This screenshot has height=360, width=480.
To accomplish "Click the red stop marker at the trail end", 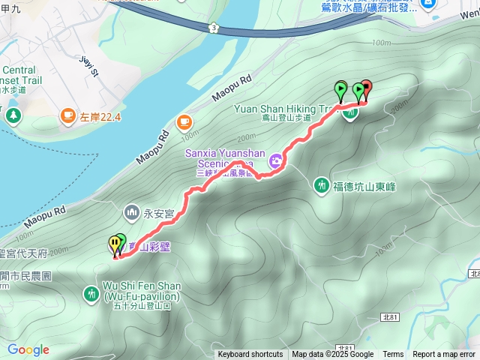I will pos(366,87).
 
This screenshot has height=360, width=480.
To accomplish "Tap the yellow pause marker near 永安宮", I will pos(114,243).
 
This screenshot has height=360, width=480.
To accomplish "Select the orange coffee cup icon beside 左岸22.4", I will pos(67,115).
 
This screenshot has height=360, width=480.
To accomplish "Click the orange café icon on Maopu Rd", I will pos(184,122).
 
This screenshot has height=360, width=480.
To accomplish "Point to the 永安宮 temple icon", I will pos(133,214).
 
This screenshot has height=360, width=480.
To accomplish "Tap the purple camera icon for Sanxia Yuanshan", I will pos(276,160).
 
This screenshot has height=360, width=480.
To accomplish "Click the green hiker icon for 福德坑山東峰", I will pos(322,184).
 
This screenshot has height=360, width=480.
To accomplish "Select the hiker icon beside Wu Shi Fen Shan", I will pos(91,293).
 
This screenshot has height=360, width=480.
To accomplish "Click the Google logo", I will pos(28,349).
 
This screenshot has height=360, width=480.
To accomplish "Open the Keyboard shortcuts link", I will pos(250,355).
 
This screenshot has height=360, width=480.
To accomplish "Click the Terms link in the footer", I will pos(393,355).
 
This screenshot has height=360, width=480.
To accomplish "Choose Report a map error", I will pos(445,355).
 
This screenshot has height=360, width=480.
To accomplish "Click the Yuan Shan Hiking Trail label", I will pos(282,109).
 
